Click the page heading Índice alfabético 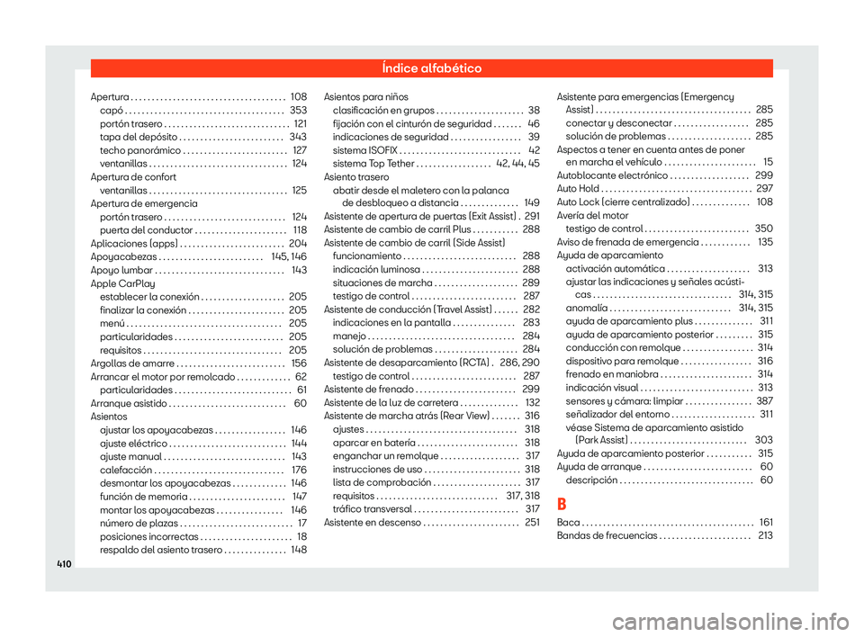[x=432, y=68]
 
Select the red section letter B [x=563, y=502]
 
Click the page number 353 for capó [x=299, y=110]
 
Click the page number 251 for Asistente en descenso [x=532, y=523]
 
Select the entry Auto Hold [x=577, y=189]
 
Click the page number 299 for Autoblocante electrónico [x=764, y=176]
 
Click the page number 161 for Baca [x=766, y=523]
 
